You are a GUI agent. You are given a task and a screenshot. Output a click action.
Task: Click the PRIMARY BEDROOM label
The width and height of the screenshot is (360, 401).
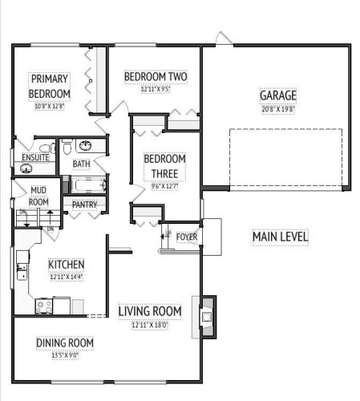[50, 86]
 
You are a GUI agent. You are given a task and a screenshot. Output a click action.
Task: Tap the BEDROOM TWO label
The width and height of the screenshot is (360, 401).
[156, 77]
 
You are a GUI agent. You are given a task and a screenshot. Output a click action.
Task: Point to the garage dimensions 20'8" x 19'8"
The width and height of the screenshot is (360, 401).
[277, 108]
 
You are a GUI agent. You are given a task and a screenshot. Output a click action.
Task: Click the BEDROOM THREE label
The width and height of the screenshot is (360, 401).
[164, 165]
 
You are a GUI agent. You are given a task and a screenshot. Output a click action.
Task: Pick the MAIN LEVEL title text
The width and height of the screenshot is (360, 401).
[280, 237]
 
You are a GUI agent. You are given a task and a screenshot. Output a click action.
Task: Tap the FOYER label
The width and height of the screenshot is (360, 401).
[187, 237]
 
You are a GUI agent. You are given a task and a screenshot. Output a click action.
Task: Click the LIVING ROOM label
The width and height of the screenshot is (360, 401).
[149, 311]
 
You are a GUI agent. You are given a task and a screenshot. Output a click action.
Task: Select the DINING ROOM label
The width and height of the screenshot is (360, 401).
[65, 342]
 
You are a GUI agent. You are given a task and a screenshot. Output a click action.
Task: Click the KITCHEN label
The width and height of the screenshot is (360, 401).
[66, 265]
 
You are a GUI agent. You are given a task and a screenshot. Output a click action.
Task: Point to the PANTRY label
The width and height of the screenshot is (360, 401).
[84, 205]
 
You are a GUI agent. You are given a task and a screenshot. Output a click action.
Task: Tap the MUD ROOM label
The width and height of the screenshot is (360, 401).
[38, 196]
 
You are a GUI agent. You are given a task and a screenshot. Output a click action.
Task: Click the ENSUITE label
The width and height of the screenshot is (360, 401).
[35, 157]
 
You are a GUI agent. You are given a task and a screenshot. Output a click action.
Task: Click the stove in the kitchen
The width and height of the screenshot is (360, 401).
[44, 306]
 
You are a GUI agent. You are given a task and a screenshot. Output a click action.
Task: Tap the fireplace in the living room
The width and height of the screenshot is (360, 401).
[207, 315]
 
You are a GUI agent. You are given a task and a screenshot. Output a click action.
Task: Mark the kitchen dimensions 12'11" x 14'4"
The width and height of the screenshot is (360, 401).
[66, 277]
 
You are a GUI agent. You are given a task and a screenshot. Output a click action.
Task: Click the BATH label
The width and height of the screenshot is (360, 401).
[82, 164]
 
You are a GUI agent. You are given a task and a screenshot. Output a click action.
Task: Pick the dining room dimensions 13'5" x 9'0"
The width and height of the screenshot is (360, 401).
[65, 355]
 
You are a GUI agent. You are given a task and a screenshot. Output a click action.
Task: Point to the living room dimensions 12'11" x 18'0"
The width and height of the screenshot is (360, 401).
[149, 326]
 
